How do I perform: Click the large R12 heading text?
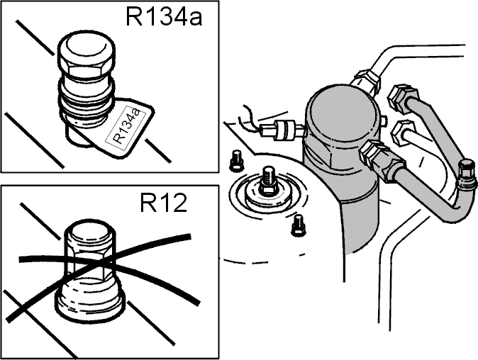[163, 203]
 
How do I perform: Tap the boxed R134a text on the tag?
[126, 126]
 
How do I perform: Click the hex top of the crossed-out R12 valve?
[90, 244]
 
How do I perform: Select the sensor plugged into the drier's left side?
[282, 130]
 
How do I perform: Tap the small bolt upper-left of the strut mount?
[236, 159]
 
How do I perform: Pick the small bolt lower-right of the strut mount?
[298, 225]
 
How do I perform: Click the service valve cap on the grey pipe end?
[467, 172]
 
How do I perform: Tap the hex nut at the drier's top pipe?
[366, 80]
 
